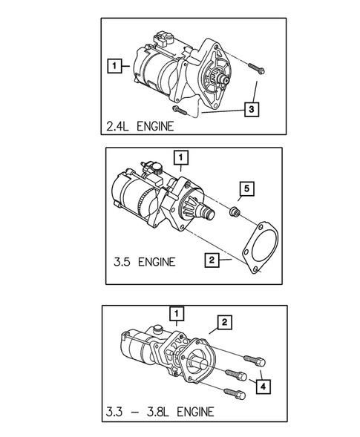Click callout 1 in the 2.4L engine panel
(114, 67)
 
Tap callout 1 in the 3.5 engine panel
(180, 157)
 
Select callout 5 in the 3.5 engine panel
(246, 188)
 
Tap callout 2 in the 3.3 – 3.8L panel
(223, 321)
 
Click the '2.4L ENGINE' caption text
(140, 126)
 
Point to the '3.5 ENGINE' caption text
(145, 261)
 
